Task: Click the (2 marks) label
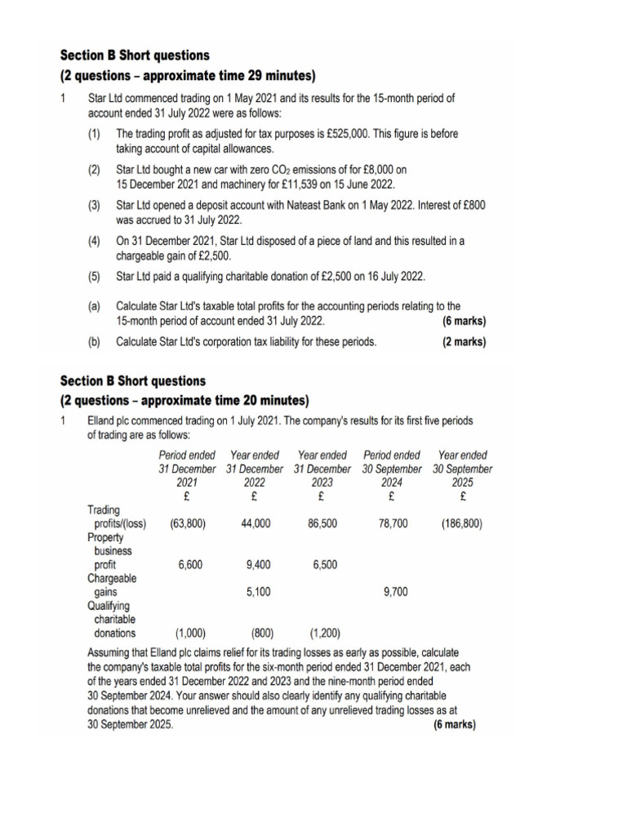[x=464, y=342]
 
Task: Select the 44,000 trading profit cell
[x=256, y=523]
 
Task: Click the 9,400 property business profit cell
[x=258, y=564]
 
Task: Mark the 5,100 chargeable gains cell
[x=258, y=592]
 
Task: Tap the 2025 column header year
[x=462, y=482]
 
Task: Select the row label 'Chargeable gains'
[x=112, y=585]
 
